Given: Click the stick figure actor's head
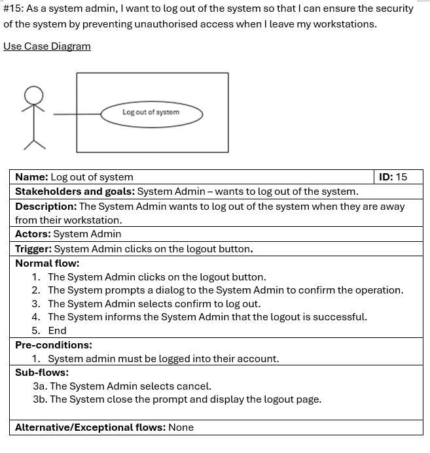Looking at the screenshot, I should [33, 95].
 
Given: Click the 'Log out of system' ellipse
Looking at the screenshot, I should [151, 113].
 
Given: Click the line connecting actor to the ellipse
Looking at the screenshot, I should [76, 114].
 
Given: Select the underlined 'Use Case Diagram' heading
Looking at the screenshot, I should [47, 46].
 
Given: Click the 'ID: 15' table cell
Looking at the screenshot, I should [393, 177].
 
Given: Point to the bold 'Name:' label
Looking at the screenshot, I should [31, 177].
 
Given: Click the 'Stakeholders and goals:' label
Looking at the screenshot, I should [75, 192].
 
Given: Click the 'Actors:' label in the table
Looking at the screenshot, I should [33, 234].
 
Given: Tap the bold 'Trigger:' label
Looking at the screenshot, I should [33, 249].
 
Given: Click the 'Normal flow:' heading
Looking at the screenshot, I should [47, 263].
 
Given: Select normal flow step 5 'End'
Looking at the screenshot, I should [57, 331].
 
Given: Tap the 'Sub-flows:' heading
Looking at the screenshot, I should [42, 373].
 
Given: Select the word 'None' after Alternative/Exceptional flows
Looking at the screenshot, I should [181, 428].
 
